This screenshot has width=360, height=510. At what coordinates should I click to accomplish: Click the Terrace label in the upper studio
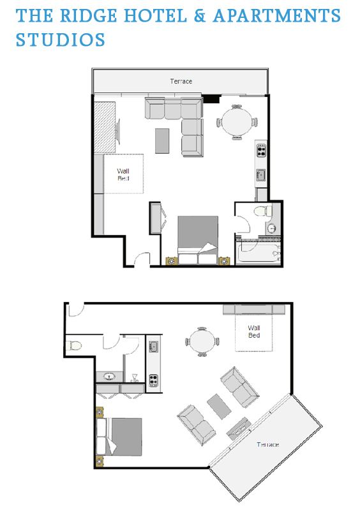[181, 81]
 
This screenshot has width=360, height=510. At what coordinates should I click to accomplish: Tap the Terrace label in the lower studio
[267, 445]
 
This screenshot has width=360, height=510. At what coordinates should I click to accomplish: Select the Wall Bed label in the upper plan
[123, 174]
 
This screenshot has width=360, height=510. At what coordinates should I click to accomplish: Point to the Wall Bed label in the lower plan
[254, 331]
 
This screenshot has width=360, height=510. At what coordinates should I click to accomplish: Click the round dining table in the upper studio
[237, 122]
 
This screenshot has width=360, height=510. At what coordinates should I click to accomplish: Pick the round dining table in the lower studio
[202, 342]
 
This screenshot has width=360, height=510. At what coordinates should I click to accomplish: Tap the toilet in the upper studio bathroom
[263, 211]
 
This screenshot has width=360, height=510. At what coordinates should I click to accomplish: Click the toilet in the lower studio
[74, 345]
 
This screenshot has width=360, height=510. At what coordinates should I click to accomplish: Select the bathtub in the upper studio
[259, 252]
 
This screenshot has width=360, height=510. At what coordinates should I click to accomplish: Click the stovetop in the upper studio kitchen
[261, 150]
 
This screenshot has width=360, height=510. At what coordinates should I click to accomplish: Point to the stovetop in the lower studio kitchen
[153, 380]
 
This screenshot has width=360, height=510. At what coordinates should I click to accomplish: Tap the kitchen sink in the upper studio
[261, 175]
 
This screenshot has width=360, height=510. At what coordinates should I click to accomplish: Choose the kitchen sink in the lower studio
[153, 347]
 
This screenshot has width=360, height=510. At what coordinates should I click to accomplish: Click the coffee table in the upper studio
[162, 141]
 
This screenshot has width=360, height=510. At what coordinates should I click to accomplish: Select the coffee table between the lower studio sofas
[219, 406]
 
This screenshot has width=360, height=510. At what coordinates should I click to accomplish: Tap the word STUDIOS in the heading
[61, 40]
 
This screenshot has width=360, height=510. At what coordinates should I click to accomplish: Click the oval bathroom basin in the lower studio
[109, 377]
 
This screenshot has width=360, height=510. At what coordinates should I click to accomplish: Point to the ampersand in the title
[200, 15]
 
